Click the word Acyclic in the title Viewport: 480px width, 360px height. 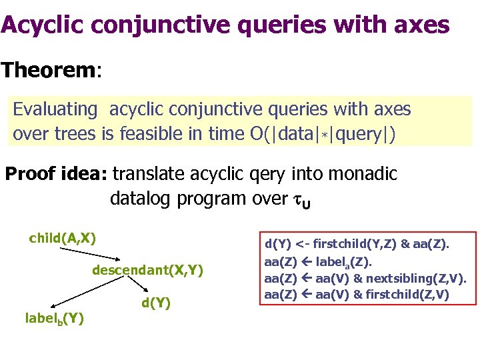tap(41, 25)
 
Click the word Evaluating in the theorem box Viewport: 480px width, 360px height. tap(55, 109)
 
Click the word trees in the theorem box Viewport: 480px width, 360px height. tap(74, 134)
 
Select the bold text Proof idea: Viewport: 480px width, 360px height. tap(56, 175)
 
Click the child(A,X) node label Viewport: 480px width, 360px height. tap(63, 238)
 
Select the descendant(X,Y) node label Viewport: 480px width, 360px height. tap(147, 270)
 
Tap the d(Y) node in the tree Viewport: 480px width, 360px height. tap(156, 303)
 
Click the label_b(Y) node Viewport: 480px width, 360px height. tap(55, 319)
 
